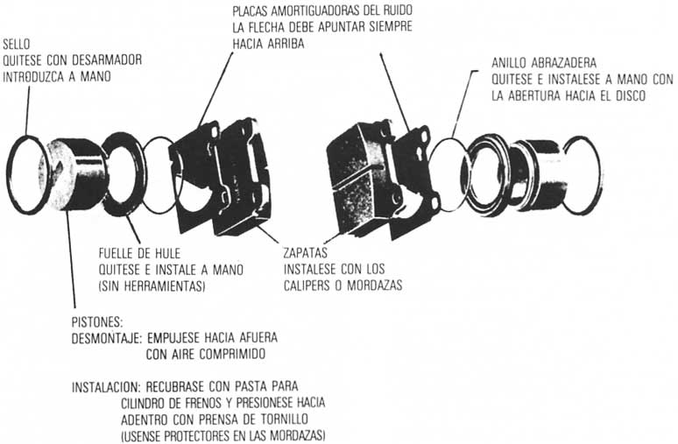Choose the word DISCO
pos(627,95)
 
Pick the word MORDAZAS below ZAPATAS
pos(374,284)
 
